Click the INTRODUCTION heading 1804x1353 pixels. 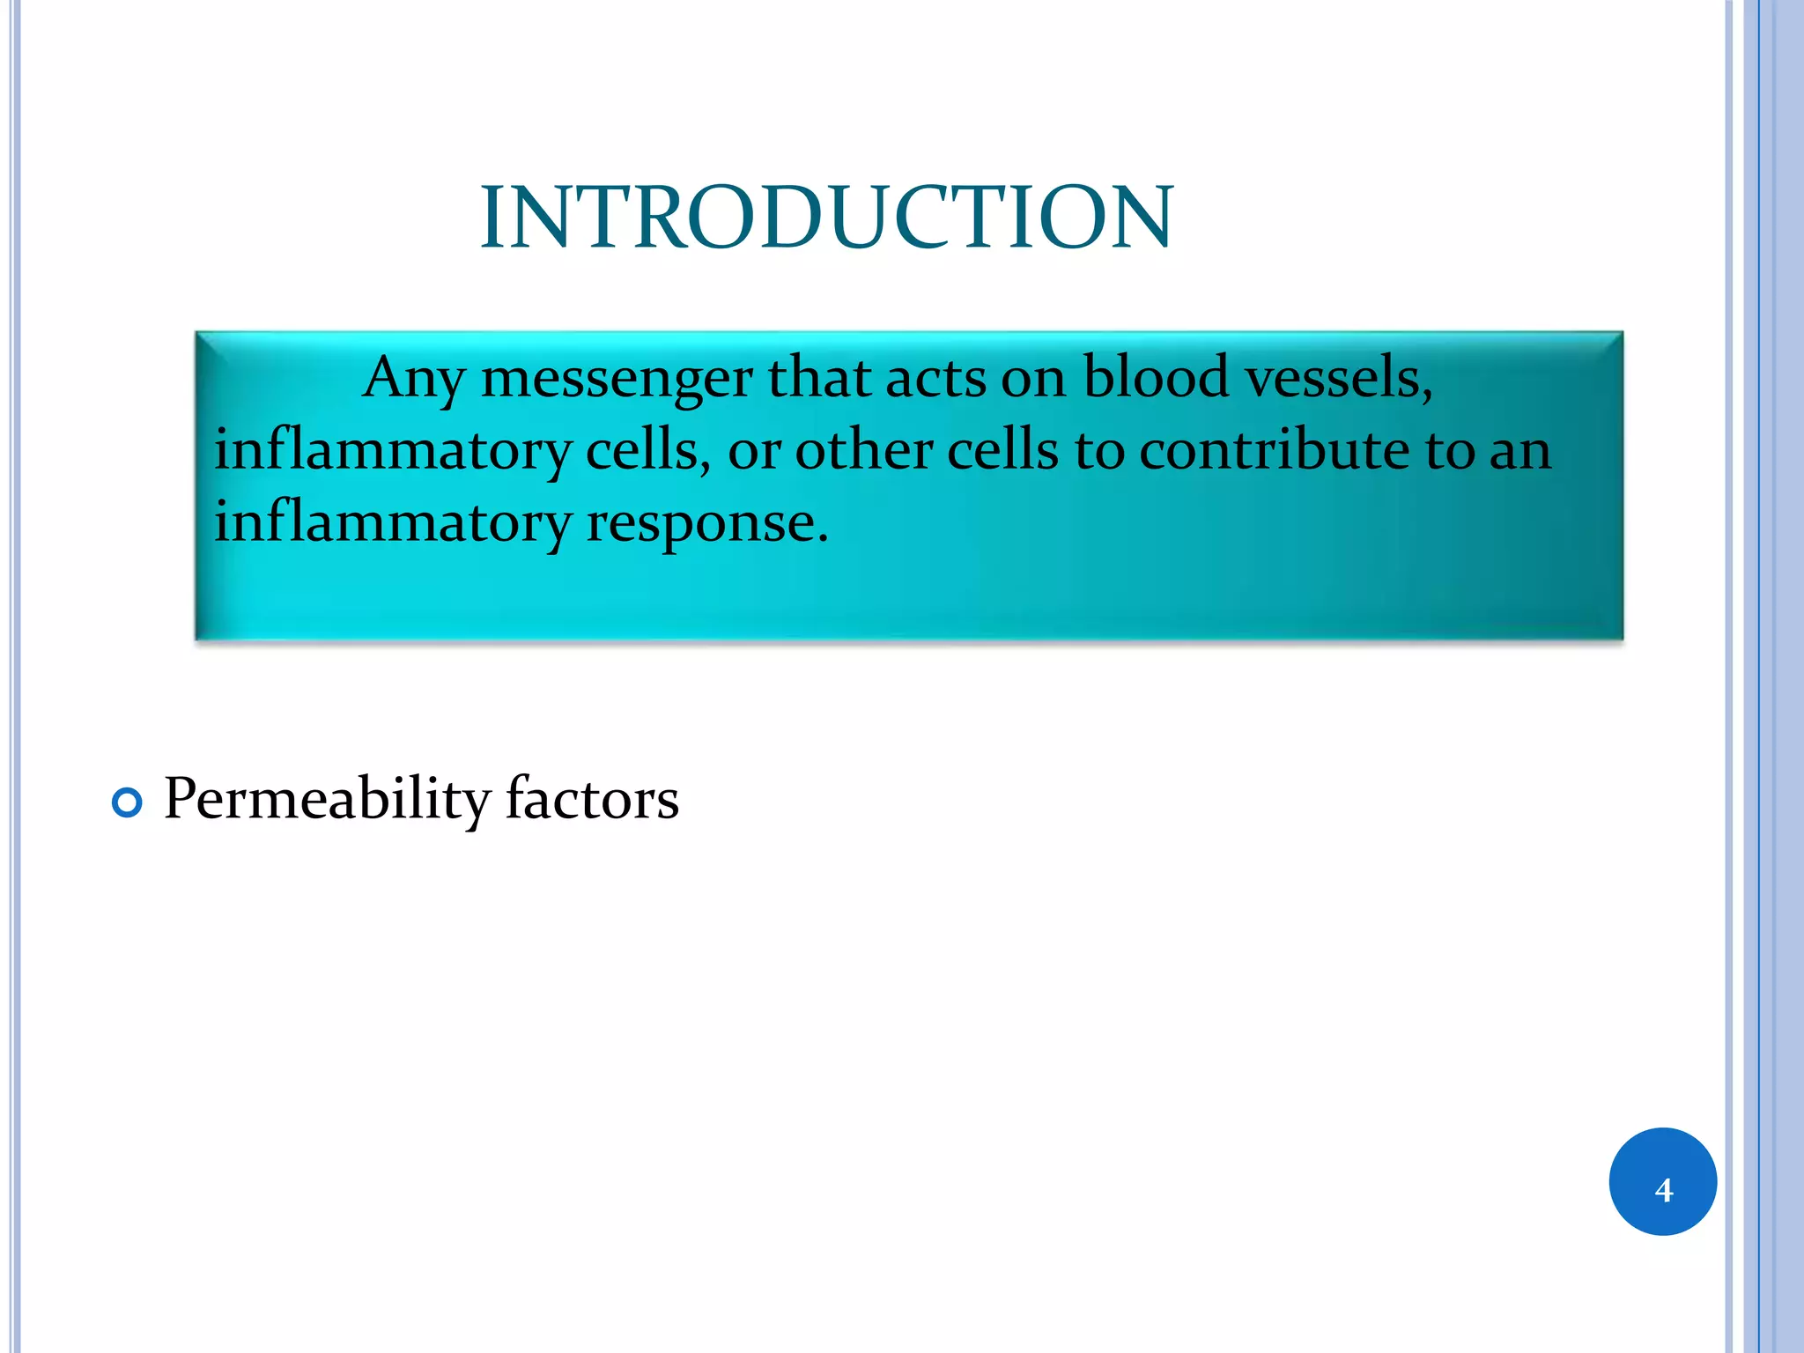[826, 218]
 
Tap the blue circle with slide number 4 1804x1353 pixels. [1662, 1181]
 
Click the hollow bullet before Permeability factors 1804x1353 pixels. [128, 802]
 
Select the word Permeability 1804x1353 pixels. [326, 799]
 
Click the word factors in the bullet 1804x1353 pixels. [592, 799]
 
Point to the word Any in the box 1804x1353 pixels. [412, 379]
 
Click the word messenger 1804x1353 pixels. [616, 379]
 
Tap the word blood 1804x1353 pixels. [1155, 377]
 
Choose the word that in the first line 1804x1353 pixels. [819, 377]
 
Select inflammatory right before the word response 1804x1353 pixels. [392, 522]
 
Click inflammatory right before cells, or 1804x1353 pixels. [392, 450]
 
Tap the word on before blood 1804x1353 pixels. [1032, 379]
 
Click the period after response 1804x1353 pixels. [823, 538]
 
